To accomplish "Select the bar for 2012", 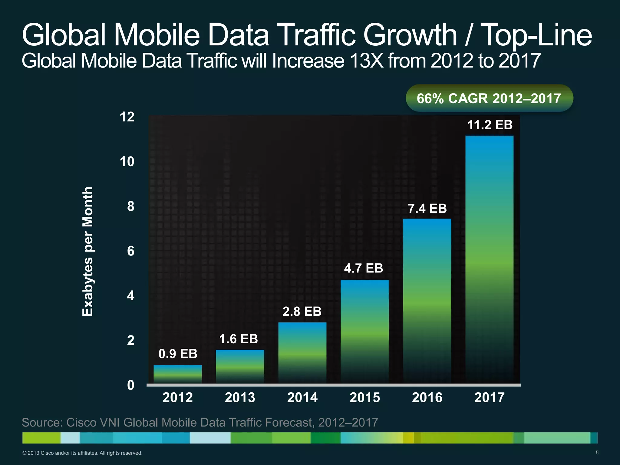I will click(177, 374).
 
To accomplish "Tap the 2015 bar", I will click(364, 331).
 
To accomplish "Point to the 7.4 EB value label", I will click(427, 209).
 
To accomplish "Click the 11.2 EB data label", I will click(490, 125).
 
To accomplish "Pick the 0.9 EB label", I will click(178, 354).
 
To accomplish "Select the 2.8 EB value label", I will click(302, 311).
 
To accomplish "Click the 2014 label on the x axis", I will click(302, 397).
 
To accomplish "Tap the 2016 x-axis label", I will click(427, 397).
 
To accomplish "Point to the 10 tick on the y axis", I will click(127, 162).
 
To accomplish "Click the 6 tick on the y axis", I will click(130, 251).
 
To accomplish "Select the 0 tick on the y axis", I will click(130, 385).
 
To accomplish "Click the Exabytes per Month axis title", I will click(88, 251).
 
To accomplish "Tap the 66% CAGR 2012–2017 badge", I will click(489, 98).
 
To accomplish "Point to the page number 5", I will click(597, 453).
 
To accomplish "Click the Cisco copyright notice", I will click(82, 453).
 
